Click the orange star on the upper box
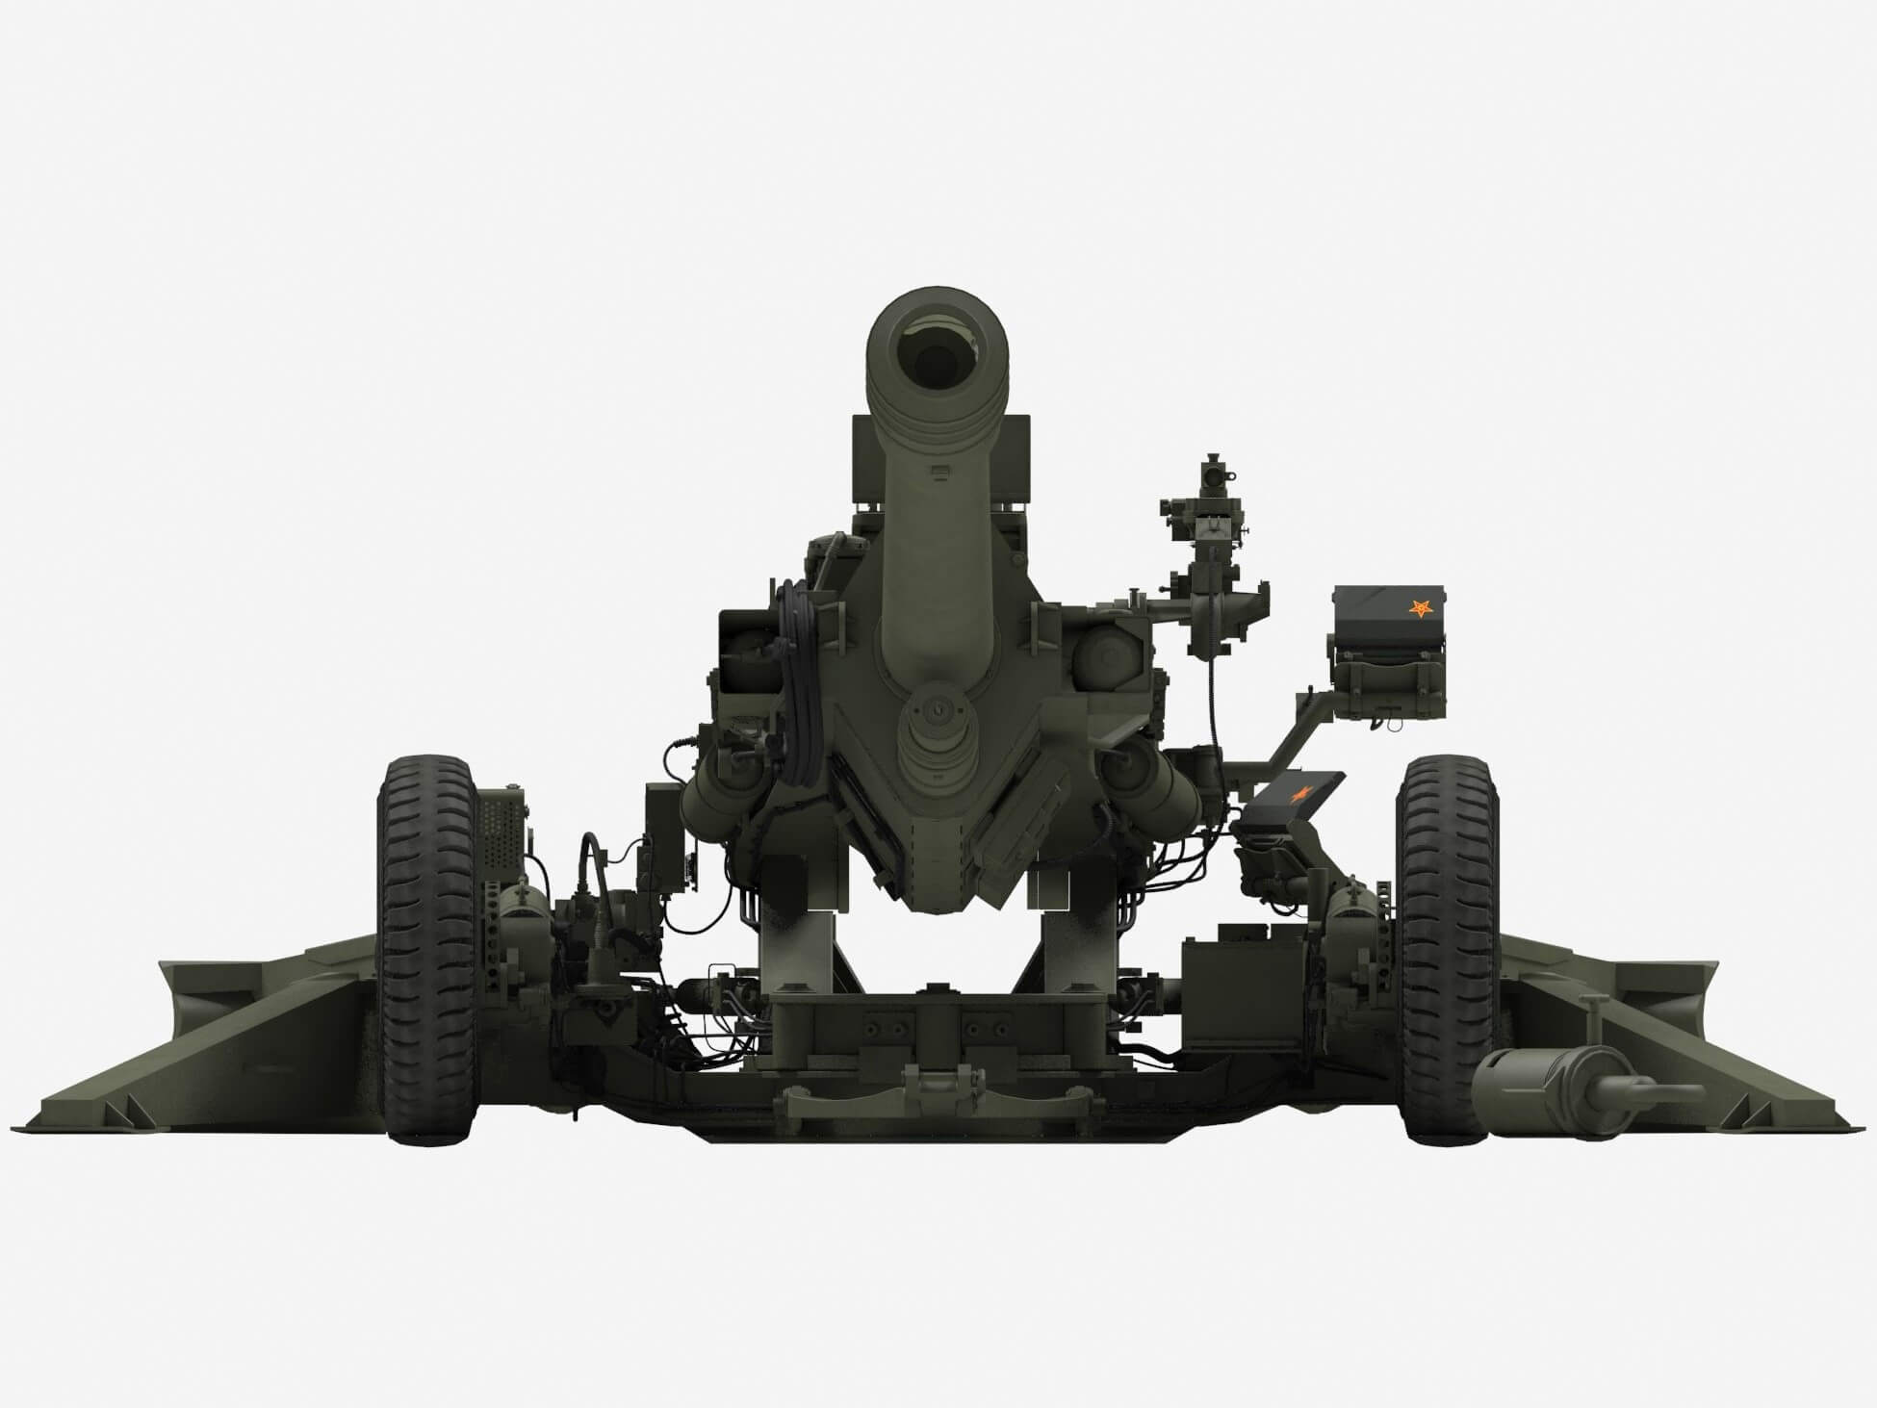(x=1419, y=608)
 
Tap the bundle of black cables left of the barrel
(x=798, y=674)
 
